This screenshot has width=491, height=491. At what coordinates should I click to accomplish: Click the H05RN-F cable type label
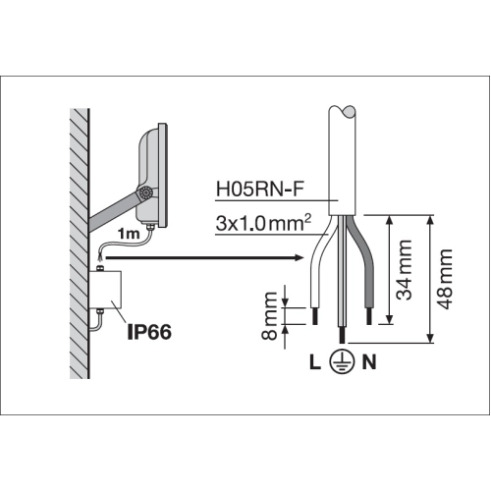260,190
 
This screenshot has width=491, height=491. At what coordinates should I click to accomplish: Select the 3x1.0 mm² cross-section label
263,223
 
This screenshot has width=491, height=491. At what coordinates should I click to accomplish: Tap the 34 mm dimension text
404,270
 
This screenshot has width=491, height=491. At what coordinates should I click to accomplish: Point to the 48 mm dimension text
446,279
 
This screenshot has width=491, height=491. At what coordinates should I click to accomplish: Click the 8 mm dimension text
270,316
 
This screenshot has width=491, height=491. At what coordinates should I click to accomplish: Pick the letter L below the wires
315,362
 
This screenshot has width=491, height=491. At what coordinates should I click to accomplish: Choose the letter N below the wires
369,362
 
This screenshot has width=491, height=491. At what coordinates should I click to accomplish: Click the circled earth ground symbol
342,362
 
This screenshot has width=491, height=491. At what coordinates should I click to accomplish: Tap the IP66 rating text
149,332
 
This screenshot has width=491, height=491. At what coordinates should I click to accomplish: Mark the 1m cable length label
129,234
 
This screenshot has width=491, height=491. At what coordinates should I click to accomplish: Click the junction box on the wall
105,290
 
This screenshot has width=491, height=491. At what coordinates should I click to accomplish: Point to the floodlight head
152,176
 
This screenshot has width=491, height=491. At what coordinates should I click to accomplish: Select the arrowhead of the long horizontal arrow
300,257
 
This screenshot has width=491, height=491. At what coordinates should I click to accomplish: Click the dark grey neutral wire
362,262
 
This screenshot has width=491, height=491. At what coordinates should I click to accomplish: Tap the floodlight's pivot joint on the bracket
145,192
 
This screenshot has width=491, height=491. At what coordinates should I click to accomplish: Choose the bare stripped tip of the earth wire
343,335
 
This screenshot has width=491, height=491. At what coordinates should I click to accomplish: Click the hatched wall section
80,244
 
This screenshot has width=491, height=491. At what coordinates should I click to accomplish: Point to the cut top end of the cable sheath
343,112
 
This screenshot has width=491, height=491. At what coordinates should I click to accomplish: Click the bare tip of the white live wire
315,316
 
